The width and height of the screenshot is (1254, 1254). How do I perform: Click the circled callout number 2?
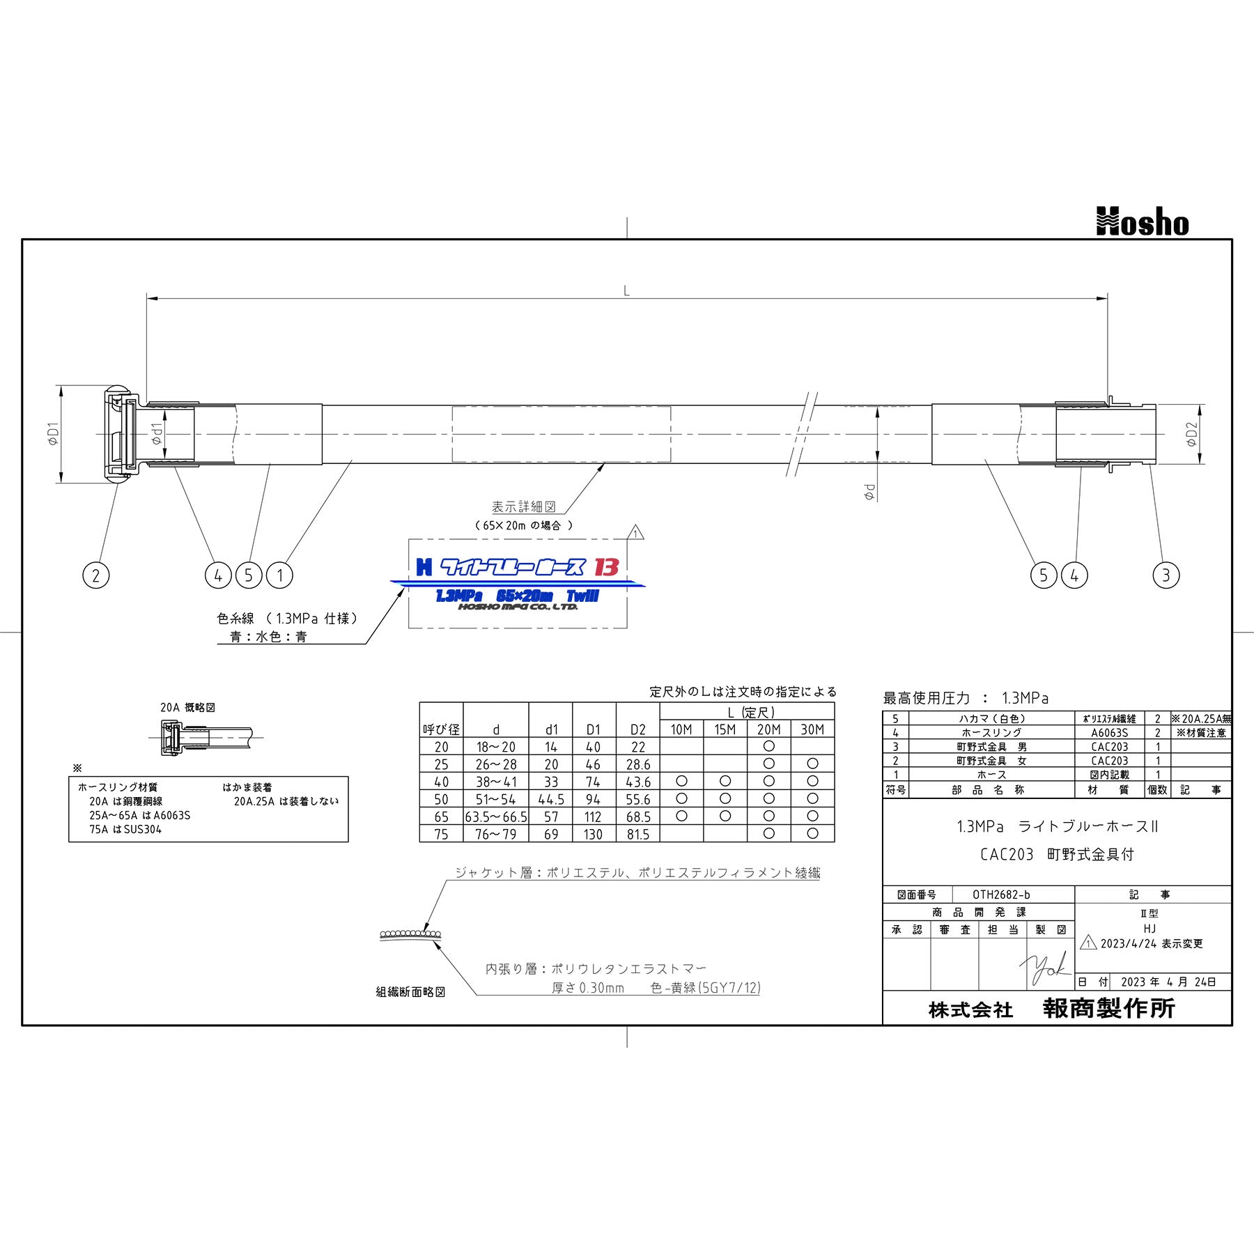(x=96, y=575)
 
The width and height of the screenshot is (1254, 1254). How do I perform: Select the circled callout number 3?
(x=1166, y=575)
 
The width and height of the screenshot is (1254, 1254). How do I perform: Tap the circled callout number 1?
(x=280, y=575)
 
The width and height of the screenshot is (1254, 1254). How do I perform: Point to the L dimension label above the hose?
(x=626, y=291)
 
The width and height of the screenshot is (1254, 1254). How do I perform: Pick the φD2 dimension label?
(x=1191, y=433)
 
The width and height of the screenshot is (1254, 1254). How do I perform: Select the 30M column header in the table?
(x=812, y=729)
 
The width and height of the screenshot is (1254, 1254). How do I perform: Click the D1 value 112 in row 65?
(x=594, y=816)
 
